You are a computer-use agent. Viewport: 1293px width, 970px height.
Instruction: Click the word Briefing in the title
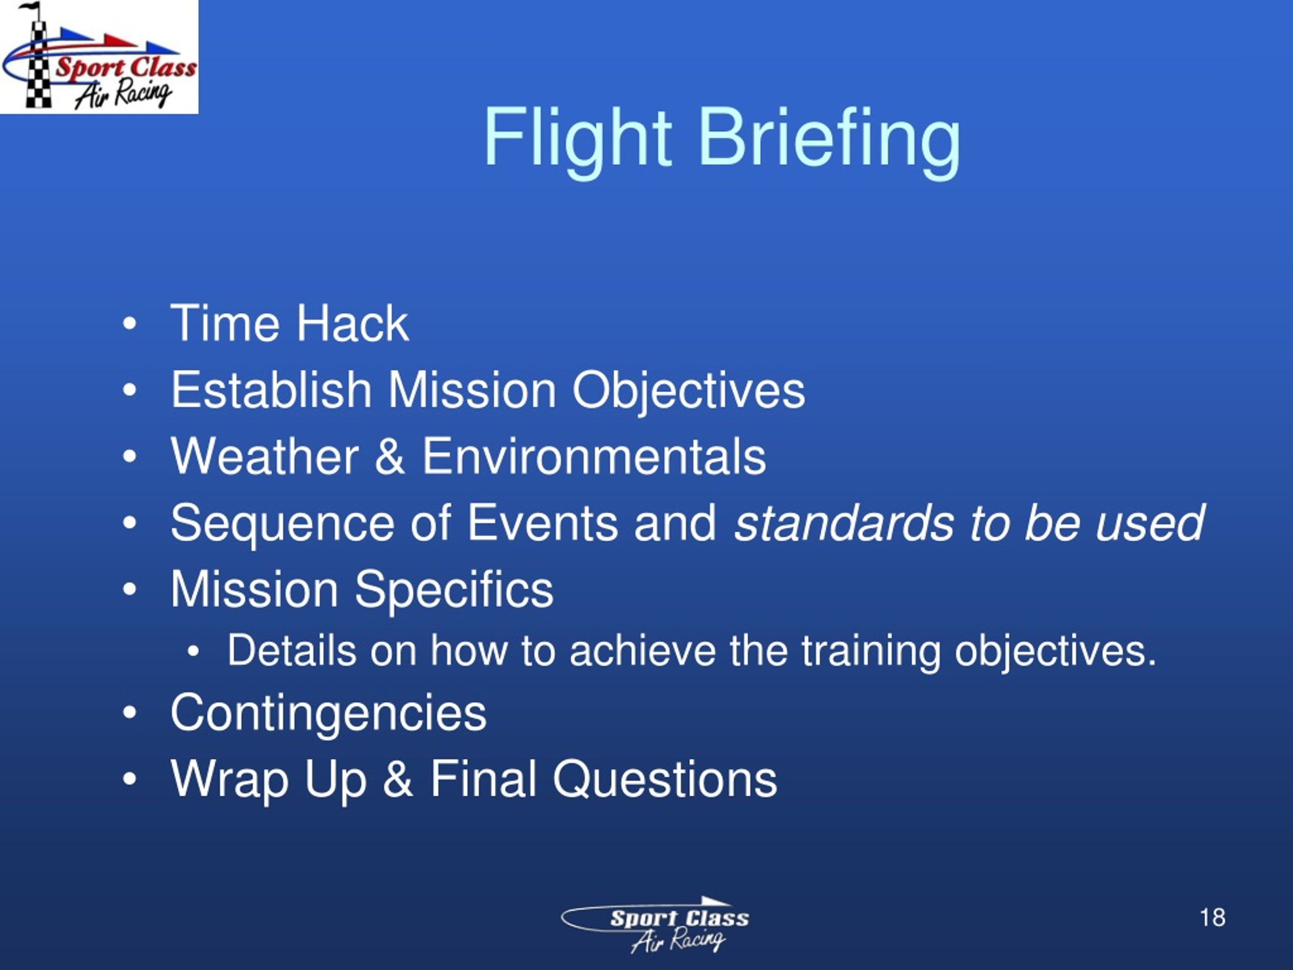pyautogui.click(x=829, y=140)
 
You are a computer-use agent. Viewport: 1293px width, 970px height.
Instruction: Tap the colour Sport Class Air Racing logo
pyautogui.click(x=100, y=57)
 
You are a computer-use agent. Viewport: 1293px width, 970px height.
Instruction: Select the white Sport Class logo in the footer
pyautogui.click(x=655, y=925)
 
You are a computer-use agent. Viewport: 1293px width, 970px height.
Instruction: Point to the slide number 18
pyautogui.click(x=1212, y=917)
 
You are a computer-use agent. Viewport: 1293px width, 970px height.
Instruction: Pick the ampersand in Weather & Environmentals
pyautogui.click(x=390, y=456)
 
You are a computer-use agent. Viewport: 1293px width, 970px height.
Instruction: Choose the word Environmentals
pyautogui.click(x=594, y=456)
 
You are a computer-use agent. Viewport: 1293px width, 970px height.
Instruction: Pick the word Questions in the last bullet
pyautogui.click(x=665, y=780)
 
